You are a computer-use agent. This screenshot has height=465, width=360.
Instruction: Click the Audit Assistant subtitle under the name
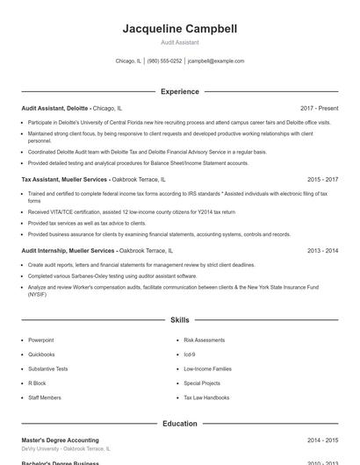coord(180,42)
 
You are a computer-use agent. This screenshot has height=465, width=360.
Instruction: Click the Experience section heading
coord(180,91)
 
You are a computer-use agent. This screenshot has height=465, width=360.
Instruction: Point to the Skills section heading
coord(180,321)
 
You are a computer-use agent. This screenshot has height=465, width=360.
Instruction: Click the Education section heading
coord(180,424)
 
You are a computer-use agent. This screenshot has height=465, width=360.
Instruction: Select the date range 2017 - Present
coord(319,107)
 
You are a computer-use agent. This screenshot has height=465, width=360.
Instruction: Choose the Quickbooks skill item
coord(41,354)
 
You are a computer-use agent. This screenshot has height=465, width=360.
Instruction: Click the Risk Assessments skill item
coord(204,340)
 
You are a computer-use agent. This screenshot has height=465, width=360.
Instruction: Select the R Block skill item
coord(37,383)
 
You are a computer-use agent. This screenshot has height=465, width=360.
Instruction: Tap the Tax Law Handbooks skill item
coord(206,397)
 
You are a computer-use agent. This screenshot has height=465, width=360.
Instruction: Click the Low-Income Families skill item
coord(207,368)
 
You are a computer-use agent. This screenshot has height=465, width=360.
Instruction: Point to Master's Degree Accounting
coord(60,440)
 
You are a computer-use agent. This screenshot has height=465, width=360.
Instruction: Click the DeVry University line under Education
coord(65,448)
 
